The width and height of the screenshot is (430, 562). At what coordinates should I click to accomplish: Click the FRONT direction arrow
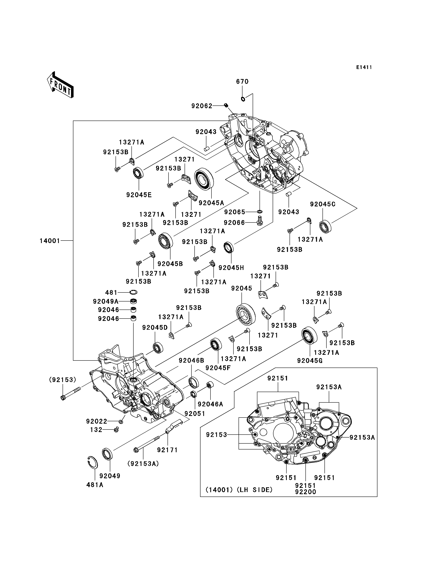[x=60, y=85]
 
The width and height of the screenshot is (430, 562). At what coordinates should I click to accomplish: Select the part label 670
[x=242, y=82]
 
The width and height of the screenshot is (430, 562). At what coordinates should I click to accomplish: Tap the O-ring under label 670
[x=243, y=99]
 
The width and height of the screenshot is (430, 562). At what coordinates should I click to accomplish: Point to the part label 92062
[x=202, y=106]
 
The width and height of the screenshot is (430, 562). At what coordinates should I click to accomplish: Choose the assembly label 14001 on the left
[x=50, y=241]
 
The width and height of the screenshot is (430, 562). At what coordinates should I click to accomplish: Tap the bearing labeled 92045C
[x=325, y=226]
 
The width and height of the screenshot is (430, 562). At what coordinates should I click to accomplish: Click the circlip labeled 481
[x=133, y=292]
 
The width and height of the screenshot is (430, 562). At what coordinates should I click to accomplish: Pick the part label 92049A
[x=106, y=302]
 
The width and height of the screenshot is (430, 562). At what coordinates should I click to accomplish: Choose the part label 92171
[x=167, y=450]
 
